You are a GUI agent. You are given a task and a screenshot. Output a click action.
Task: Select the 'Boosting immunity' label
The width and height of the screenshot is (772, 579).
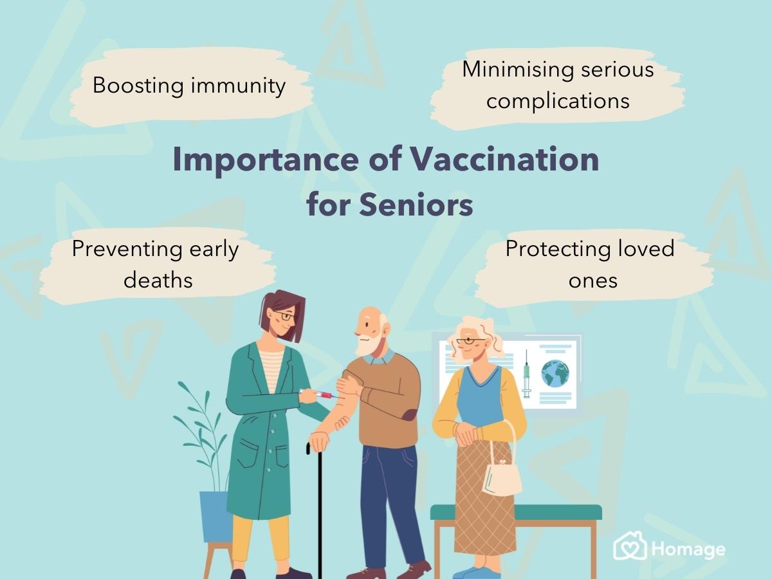(x=189, y=86)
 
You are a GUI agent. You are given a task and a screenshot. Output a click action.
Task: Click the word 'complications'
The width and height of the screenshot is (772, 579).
(x=558, y=101)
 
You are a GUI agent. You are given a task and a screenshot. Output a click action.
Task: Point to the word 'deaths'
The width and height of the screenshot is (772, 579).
(x=158, y=279)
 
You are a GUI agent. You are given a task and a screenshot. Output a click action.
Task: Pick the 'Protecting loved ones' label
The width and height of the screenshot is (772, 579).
(x=590, y=264)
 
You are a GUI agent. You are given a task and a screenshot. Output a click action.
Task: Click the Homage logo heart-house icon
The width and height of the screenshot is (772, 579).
(x=629, y=547)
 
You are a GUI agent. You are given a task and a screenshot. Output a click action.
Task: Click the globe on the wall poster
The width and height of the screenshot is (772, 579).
(x=555, y=373)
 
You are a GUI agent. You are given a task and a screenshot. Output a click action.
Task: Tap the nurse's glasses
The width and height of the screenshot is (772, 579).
(x=284, y=316)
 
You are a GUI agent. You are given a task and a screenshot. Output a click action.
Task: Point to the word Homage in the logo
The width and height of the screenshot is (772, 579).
(x=688, y=549)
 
